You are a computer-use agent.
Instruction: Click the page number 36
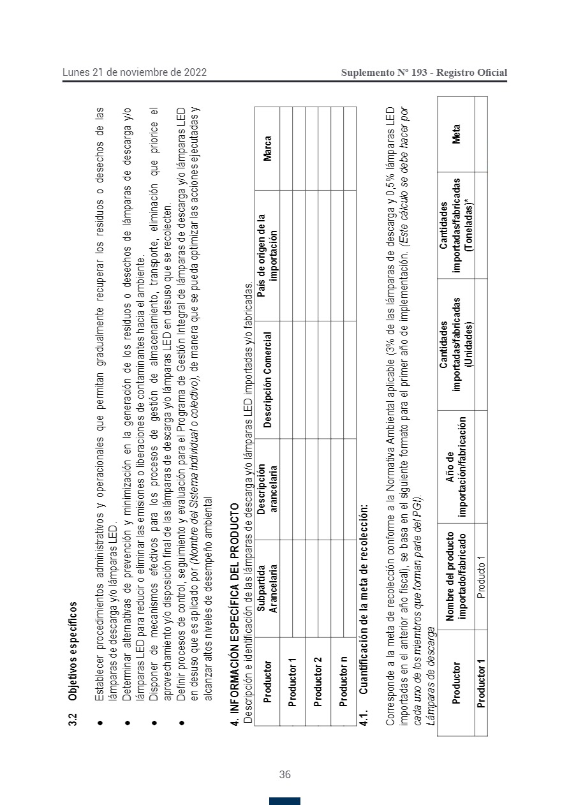[x=284, y=774]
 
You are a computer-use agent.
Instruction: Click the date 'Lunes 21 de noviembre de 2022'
[x=134, y=73]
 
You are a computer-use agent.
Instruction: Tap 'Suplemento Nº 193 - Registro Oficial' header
[x=424, y=73]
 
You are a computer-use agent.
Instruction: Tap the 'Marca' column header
[x=267, y=148]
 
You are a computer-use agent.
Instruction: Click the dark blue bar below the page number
[x=284, y=801]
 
